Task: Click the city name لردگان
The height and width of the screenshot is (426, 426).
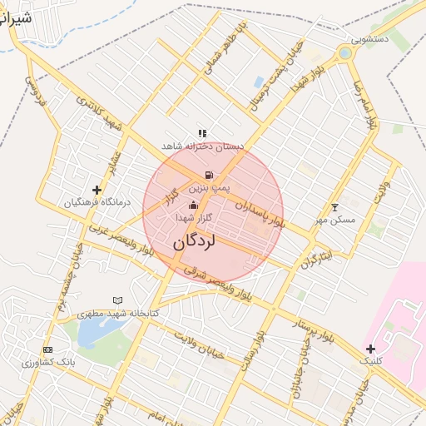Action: coord(195,243)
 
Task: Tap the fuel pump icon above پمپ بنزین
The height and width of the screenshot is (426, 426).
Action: coord(206,176)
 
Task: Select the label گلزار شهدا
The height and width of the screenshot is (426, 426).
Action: coord(195,217)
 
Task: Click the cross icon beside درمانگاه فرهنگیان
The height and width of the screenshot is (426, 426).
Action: coord(97,191)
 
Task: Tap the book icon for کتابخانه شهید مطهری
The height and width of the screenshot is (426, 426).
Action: coord(117,300)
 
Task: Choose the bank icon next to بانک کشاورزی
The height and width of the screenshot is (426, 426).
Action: coord(47,350)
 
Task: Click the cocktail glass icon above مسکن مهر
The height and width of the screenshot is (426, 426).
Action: coord(335,207)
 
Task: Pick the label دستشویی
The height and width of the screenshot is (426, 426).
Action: coord(369,39)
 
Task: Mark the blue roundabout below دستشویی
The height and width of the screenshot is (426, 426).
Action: coord(344,54)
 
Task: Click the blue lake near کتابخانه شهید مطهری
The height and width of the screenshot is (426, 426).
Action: coord(98,332)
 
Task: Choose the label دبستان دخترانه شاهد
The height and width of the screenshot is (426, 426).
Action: coord(203,146)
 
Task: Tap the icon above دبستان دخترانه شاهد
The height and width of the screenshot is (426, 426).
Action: coord(202,132)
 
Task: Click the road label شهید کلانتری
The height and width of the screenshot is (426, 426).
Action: coord(98,112)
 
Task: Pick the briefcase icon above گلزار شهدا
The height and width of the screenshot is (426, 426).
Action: coord(194,205)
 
